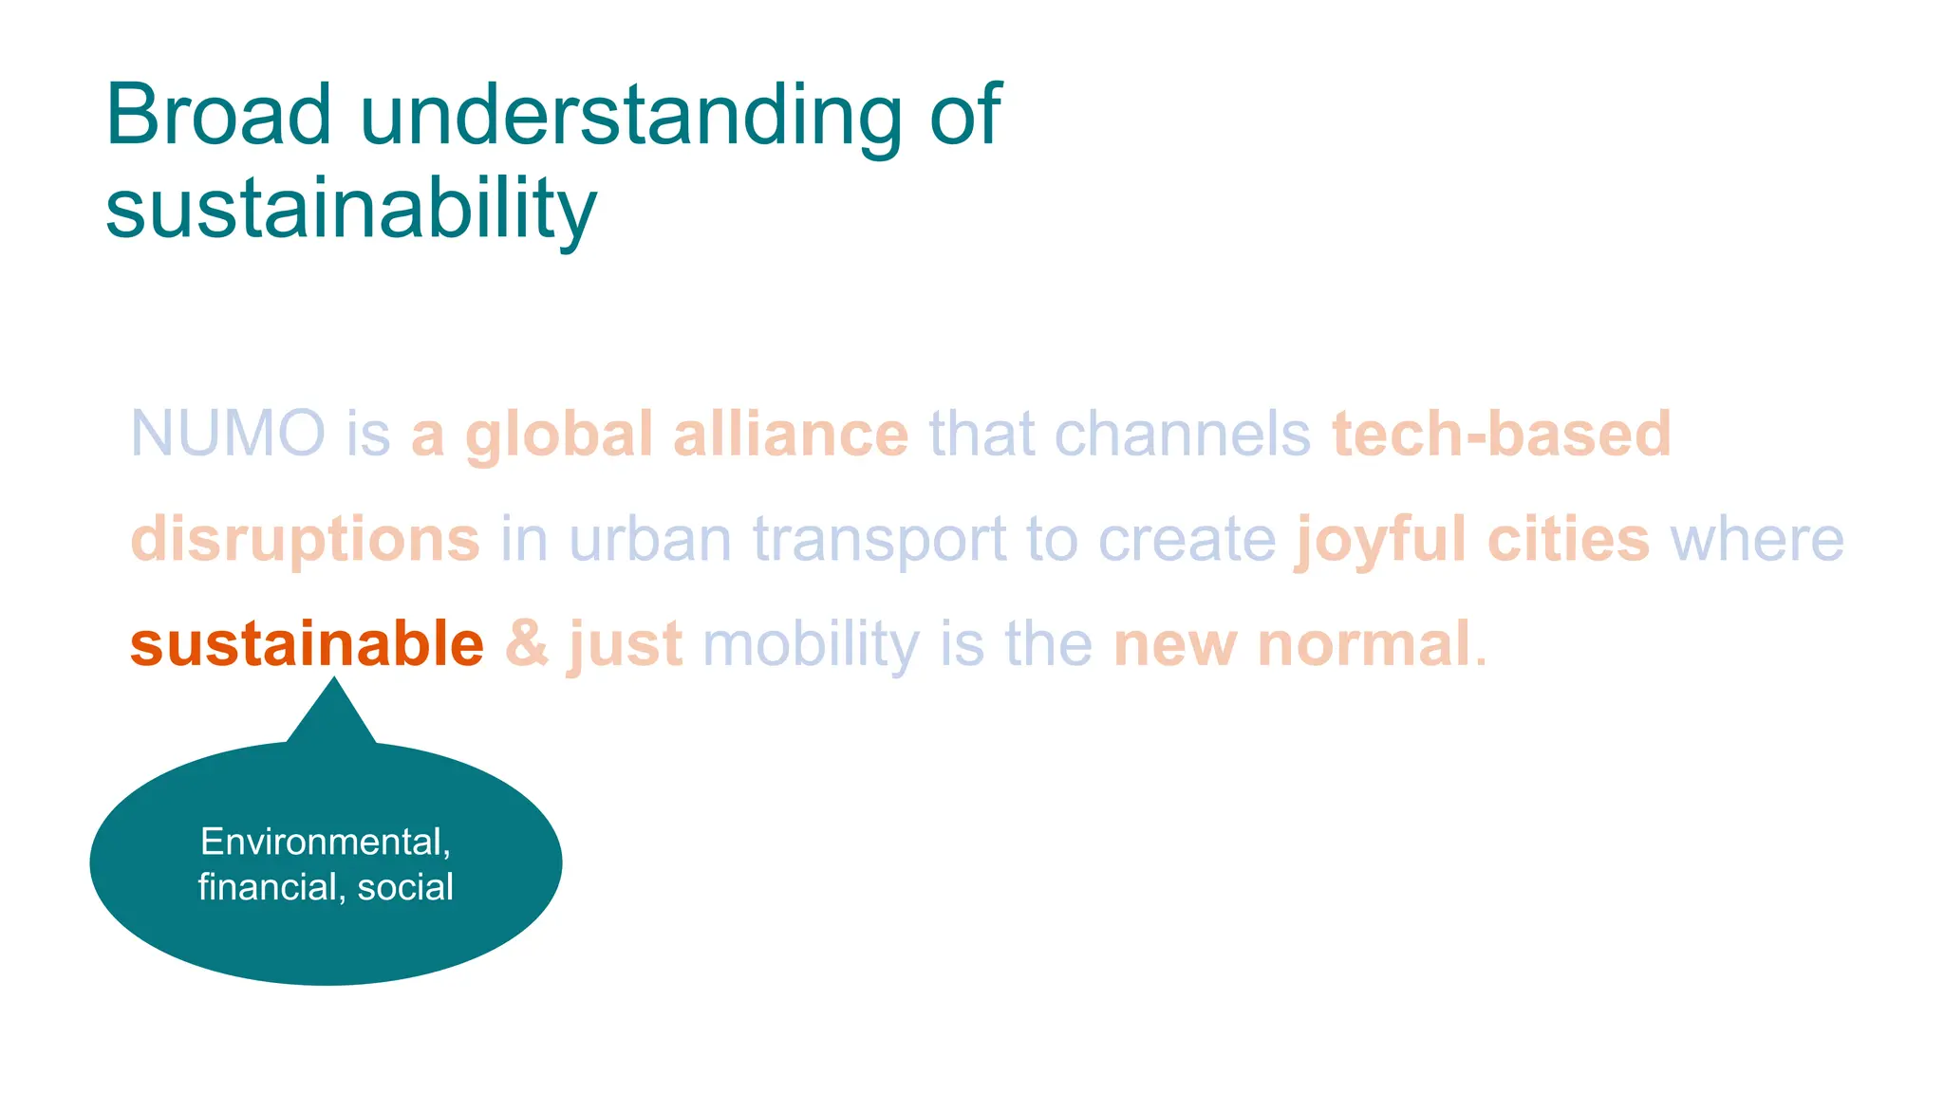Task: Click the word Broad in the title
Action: tap(218, 115)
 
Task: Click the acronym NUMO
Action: tap(228, 435)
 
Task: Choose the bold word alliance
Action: tap(791, 435)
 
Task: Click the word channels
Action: tap(1183, 435)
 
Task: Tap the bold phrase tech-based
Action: tap(1501, 435)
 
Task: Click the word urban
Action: tap(650, 540)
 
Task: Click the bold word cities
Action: tap(1568, 540)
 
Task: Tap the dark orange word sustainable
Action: tap(307, 644)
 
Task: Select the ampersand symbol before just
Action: tap(527, 644)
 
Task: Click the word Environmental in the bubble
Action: tap(326, 843)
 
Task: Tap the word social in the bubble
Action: tap(405, 887)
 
